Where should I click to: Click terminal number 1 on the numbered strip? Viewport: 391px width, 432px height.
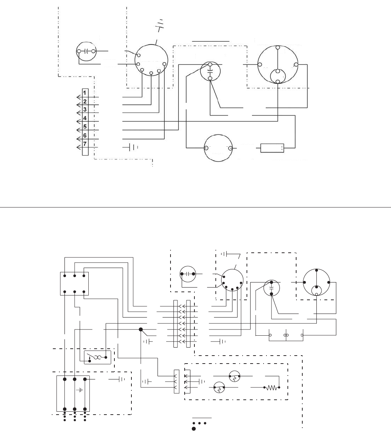click(85, 93)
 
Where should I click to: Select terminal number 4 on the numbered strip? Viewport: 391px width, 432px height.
click(85, 118)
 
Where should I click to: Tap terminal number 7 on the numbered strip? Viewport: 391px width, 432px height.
click(85, 144)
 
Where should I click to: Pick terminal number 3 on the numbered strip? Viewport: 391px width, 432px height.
click(85, 109)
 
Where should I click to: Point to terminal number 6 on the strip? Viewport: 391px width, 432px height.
click(85, 135)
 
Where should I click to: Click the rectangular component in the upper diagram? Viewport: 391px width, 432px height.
click(272, 148)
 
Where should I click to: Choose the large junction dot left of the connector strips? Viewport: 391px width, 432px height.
click(141, 330)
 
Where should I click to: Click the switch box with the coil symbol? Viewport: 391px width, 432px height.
click(97, 357)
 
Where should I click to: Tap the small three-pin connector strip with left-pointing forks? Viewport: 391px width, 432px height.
click(177, 381)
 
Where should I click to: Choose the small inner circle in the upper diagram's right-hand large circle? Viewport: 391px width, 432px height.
click(278, 76)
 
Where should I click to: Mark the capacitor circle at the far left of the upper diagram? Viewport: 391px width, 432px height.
click(86, 51)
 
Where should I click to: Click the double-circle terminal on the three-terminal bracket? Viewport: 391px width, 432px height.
click(286, 335)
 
